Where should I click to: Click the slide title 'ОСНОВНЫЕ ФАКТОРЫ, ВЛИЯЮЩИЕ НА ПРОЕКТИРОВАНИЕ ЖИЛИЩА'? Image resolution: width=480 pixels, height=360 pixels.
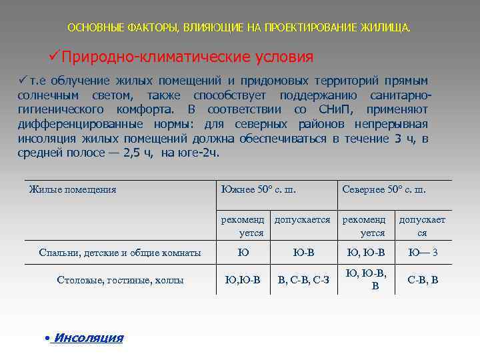click(x=239, y=29)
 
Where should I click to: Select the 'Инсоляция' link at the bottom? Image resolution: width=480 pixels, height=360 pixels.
click(x=88, y=338)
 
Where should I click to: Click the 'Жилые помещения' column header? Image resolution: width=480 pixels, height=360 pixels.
click(x=73, y=190)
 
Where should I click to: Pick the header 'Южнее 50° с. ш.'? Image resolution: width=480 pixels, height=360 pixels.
click(x=258, y=190)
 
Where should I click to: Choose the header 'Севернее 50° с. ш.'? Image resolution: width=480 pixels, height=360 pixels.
click(x=384, y=190)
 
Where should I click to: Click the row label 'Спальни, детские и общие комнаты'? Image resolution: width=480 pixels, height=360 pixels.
click(x=120, y=253)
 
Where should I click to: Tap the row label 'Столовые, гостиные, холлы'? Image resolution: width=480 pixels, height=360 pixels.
click(x=120, y=280)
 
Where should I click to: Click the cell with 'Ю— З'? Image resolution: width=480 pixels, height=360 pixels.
click(x=423, y=253)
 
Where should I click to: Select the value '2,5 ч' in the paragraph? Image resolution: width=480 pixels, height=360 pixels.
click(x=138, y=153)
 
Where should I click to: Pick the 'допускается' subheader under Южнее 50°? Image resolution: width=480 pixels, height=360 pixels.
click(x=303, y=219)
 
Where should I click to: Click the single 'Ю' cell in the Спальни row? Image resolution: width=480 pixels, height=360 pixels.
click(x=243, y=253)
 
